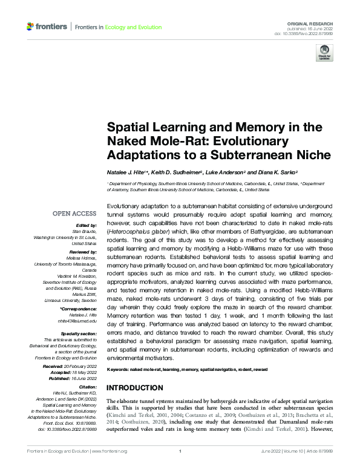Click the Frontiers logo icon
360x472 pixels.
[x=31, y=27]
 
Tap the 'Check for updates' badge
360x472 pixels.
[x=326, y=52]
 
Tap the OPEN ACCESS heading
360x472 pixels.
[x=74, y=214]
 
